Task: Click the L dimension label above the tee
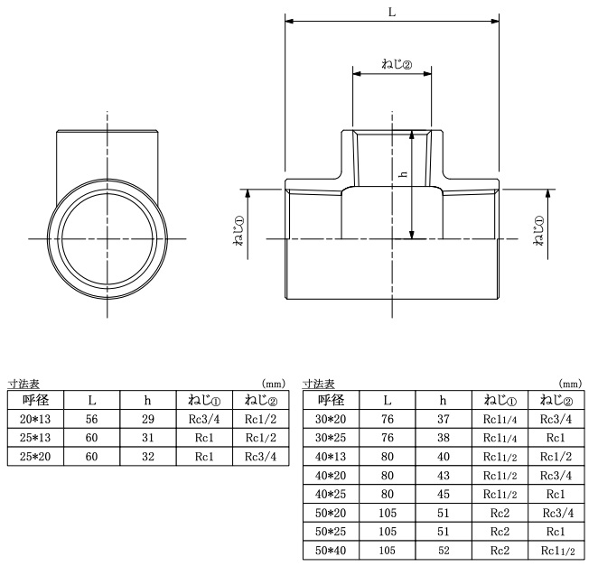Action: (x=392, y=13)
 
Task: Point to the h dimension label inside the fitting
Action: (x=403, y=174)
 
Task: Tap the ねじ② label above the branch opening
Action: (x=397, y=64)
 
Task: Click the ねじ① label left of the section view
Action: (x=239, y=230)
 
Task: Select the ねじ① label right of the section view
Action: (x=539, y=230)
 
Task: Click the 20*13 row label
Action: (x=35, y=419)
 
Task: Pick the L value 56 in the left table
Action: (x=91, y=419)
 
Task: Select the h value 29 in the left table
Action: (x=148, y=419)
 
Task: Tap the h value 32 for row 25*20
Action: (x=148, y=457)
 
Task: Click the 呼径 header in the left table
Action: (x=35, y=400)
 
